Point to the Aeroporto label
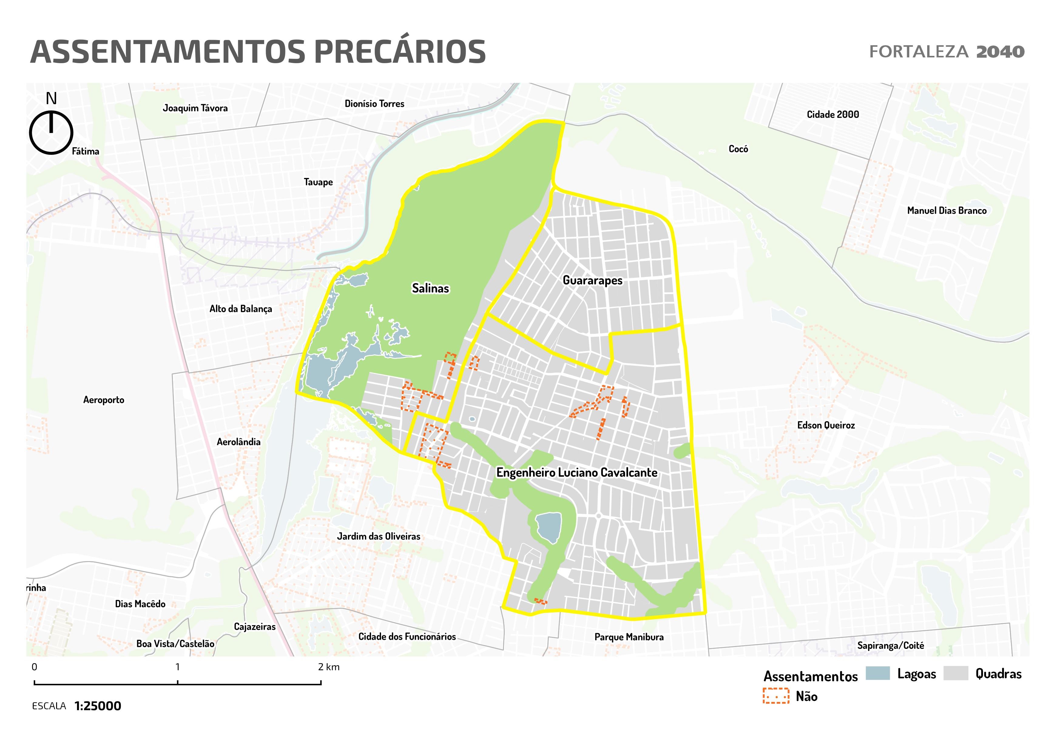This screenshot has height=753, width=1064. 104,400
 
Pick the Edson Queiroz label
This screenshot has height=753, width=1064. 826,425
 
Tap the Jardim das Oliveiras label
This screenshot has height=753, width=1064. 379,537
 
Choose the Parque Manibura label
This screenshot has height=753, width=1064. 629,637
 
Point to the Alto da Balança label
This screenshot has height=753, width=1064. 241,309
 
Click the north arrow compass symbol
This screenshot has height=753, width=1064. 51,132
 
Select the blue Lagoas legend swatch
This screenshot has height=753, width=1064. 877,673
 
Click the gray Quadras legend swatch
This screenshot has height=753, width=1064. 956,673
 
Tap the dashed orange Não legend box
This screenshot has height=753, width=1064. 776,696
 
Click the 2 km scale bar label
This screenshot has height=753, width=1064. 329,667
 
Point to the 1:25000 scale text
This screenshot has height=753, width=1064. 98,706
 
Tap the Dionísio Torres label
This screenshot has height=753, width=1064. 374,104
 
